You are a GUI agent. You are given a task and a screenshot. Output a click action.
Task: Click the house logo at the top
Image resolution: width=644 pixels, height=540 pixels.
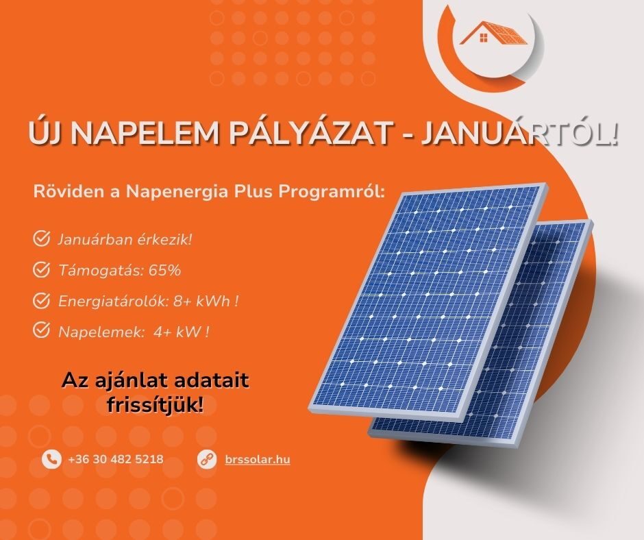pyautogui.click(x=493, y=34)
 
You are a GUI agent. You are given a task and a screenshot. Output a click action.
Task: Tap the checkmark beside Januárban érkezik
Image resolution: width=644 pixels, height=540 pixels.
pyautogui.click(x=41, y=238)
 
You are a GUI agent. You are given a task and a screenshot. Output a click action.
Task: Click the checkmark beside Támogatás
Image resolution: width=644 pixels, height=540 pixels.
pyautogui.click(x=41, y=269)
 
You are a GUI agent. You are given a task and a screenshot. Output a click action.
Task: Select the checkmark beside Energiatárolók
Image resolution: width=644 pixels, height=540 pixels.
pyautogui.click(x=41, y=300)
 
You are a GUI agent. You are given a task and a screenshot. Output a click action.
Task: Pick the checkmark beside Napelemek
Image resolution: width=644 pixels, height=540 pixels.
pyautogui.click(x=41, y=330)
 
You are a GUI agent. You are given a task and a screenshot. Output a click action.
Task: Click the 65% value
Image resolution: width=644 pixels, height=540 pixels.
pyautogui.click(x=164, y=270)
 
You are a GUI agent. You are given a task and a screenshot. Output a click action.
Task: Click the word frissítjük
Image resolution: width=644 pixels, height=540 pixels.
pyautogui.click(x=155, y=405)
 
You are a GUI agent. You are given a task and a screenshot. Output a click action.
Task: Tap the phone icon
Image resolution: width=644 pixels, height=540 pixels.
pyautogui.click(x=52, y=459)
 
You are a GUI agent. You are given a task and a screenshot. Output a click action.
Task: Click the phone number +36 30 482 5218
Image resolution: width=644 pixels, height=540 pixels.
pyautogui.click(x=116, y=459)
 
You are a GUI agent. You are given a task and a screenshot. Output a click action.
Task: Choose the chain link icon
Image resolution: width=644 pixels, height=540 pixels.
pyautogui.click(x=207, y=459)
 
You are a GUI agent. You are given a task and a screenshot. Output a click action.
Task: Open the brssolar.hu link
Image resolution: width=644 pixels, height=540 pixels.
pyautogui.click(x=258, y=459)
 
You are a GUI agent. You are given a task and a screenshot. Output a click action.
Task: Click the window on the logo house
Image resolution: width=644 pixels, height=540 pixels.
pyautogui.click(x=484, y=38)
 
